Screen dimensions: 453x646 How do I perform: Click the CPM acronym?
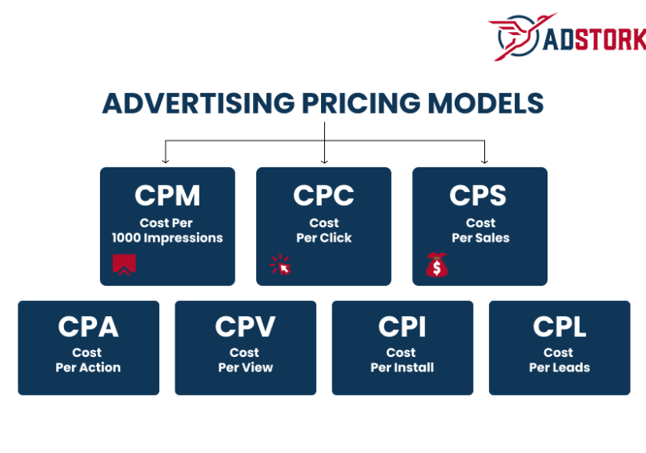point(167,195)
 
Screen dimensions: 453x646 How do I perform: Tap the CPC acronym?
point(323,195)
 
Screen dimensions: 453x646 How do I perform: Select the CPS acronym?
point(480,195)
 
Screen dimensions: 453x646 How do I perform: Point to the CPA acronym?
point(88,327)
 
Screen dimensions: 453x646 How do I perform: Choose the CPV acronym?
point(245,327)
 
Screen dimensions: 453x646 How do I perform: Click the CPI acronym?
point(402,327)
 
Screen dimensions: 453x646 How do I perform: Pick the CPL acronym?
point(559,327)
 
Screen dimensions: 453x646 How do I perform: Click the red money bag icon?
point(437,265)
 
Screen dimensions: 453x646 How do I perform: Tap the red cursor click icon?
point(280,265)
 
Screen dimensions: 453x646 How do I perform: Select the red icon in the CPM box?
point(124,264)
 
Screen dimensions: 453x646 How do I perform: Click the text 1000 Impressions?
point(167,238)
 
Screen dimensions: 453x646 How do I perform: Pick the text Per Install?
point(402,367)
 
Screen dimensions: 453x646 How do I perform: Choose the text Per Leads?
point(559,367)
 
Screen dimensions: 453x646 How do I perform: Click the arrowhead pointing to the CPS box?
point(483,160)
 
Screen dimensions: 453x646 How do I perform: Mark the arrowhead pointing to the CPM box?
point(165,160)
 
